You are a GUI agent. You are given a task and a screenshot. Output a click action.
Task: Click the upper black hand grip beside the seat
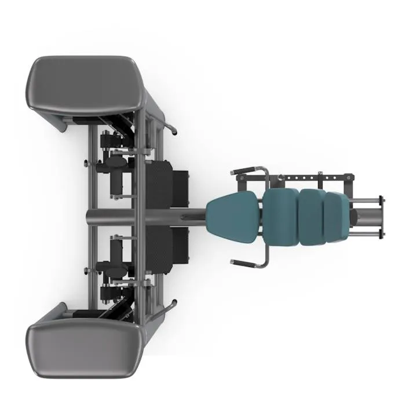[246, 171]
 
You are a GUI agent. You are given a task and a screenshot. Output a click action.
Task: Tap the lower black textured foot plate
[168, 246]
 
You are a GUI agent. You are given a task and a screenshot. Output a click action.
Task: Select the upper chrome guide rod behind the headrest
[365, 201]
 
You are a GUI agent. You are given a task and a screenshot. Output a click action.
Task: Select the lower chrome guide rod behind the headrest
[365, 232]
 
